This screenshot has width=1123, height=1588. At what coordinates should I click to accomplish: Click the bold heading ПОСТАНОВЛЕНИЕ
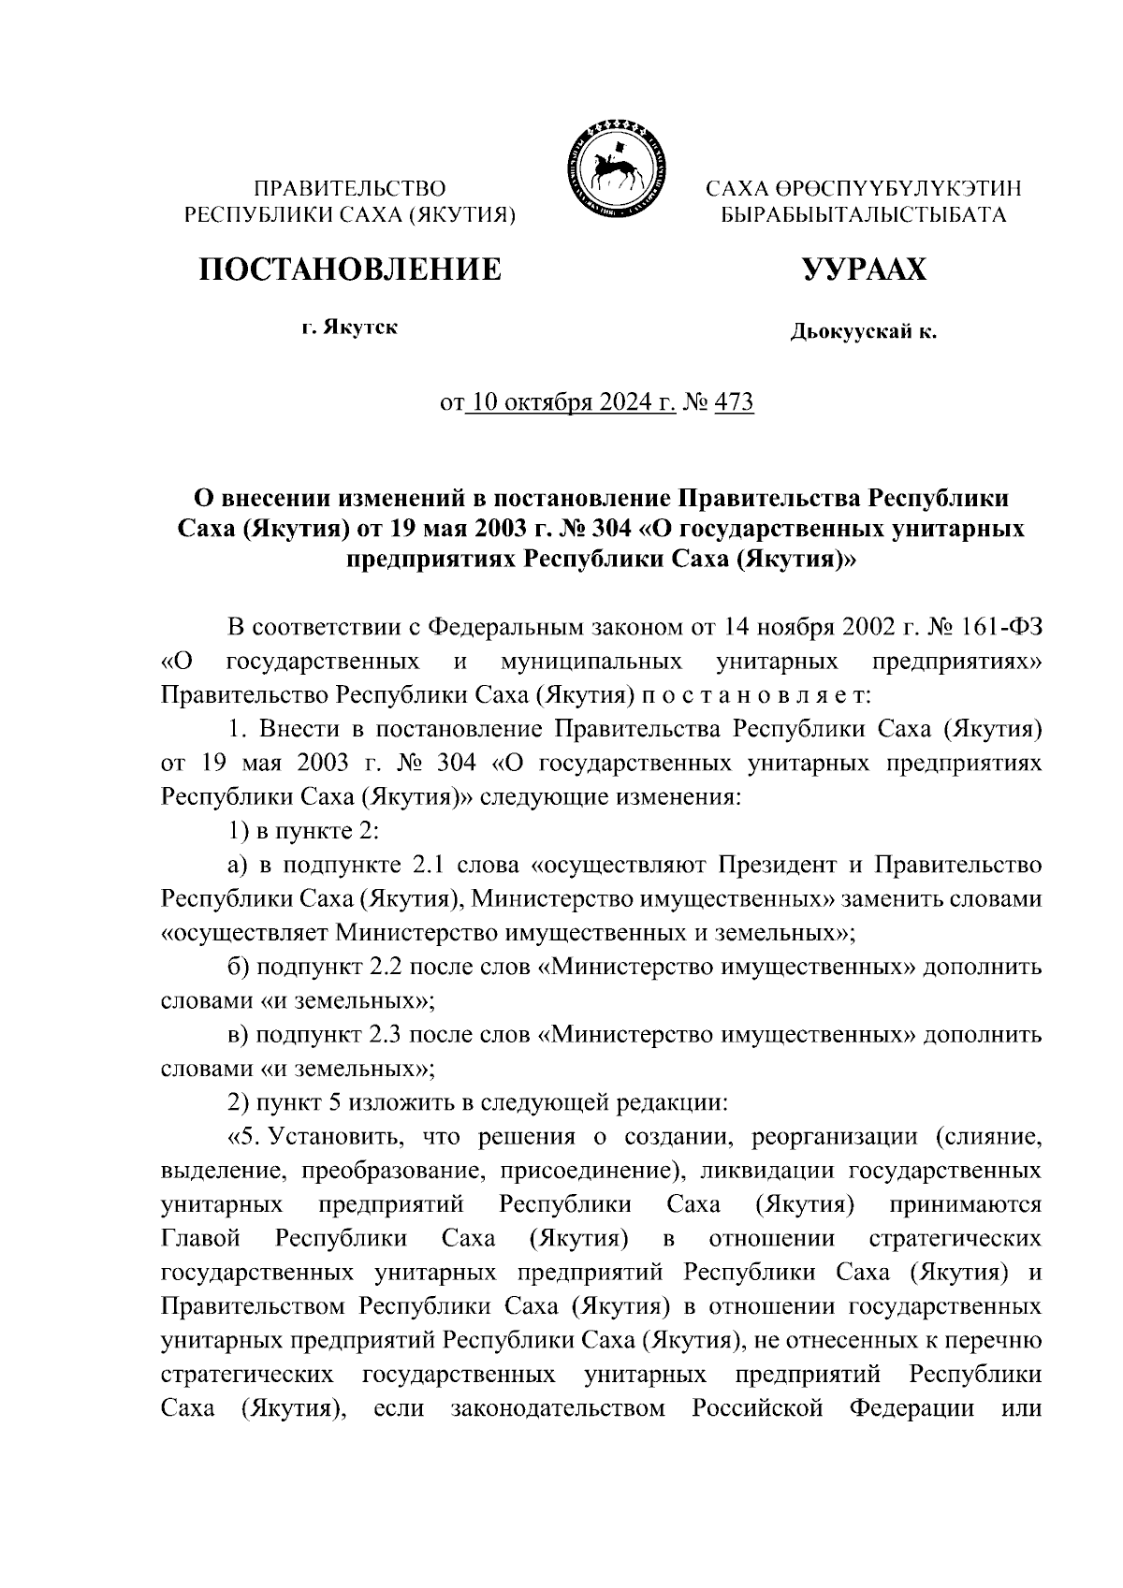(x=349, y=270)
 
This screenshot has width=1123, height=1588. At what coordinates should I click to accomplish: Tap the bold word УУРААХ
(x=864, y=270)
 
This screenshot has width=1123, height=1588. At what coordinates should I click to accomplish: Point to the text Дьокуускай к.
(x=864, y=330)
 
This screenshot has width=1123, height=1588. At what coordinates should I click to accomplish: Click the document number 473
(x=734, y=403)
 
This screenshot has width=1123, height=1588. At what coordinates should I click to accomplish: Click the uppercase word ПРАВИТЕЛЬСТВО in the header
(x=350, y=189)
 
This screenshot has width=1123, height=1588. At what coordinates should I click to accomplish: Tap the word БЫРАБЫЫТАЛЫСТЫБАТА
(x=863, y=215)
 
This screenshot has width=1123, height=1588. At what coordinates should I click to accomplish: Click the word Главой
(x=201, y=1239)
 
